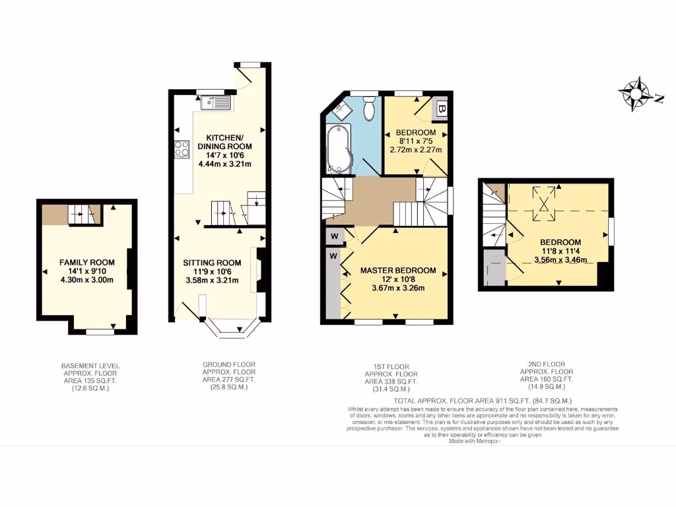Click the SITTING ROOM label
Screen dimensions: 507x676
point(211,262)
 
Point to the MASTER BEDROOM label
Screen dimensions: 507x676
point(397,270)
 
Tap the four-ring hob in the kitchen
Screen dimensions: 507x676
point(182,149)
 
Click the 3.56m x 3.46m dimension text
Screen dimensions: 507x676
point(560,260)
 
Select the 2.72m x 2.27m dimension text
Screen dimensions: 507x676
point(416,149)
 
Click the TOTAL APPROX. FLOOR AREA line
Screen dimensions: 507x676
point(482,401)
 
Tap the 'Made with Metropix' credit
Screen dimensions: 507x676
point(474,441)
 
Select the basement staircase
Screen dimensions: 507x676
point(80,213)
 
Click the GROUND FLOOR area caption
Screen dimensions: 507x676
point(228,376)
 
